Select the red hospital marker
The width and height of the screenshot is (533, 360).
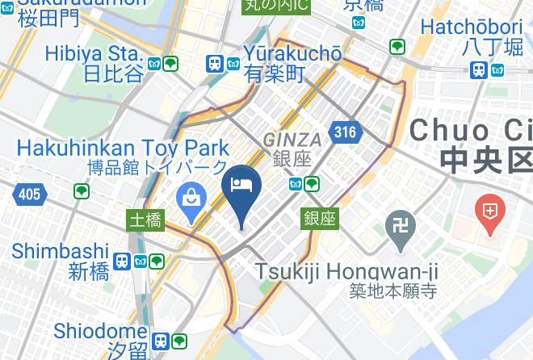tap(490, 212)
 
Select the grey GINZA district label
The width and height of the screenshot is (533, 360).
tap(292, 139)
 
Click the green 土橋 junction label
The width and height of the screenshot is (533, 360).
tap(147, 219)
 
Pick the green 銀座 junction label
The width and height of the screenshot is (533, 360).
tap(321, 218)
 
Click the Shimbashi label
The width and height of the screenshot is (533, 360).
tap(61, 250)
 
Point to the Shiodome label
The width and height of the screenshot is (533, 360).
tap(99, 331)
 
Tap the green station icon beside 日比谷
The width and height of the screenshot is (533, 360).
tap(170, 64)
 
